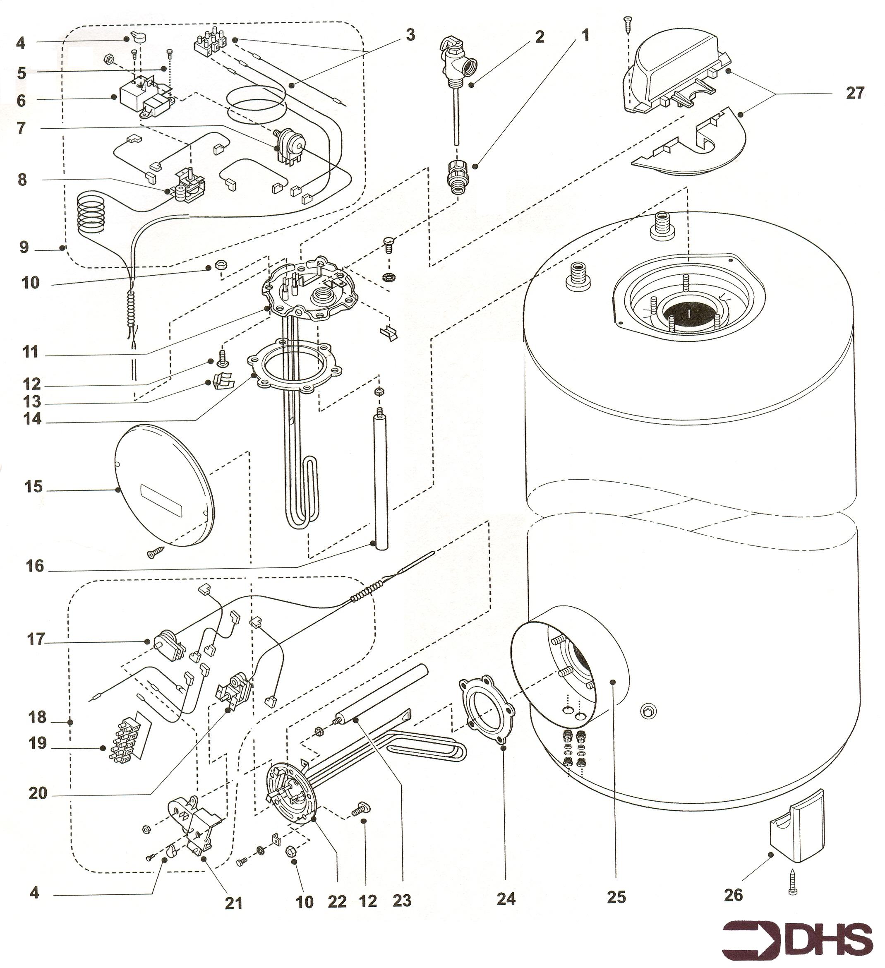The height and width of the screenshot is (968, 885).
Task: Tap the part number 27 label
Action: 855,93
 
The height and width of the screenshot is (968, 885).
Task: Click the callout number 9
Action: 24,247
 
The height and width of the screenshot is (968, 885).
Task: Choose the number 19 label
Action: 37,743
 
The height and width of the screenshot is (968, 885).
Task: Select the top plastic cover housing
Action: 674,79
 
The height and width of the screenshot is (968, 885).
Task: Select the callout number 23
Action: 402,900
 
